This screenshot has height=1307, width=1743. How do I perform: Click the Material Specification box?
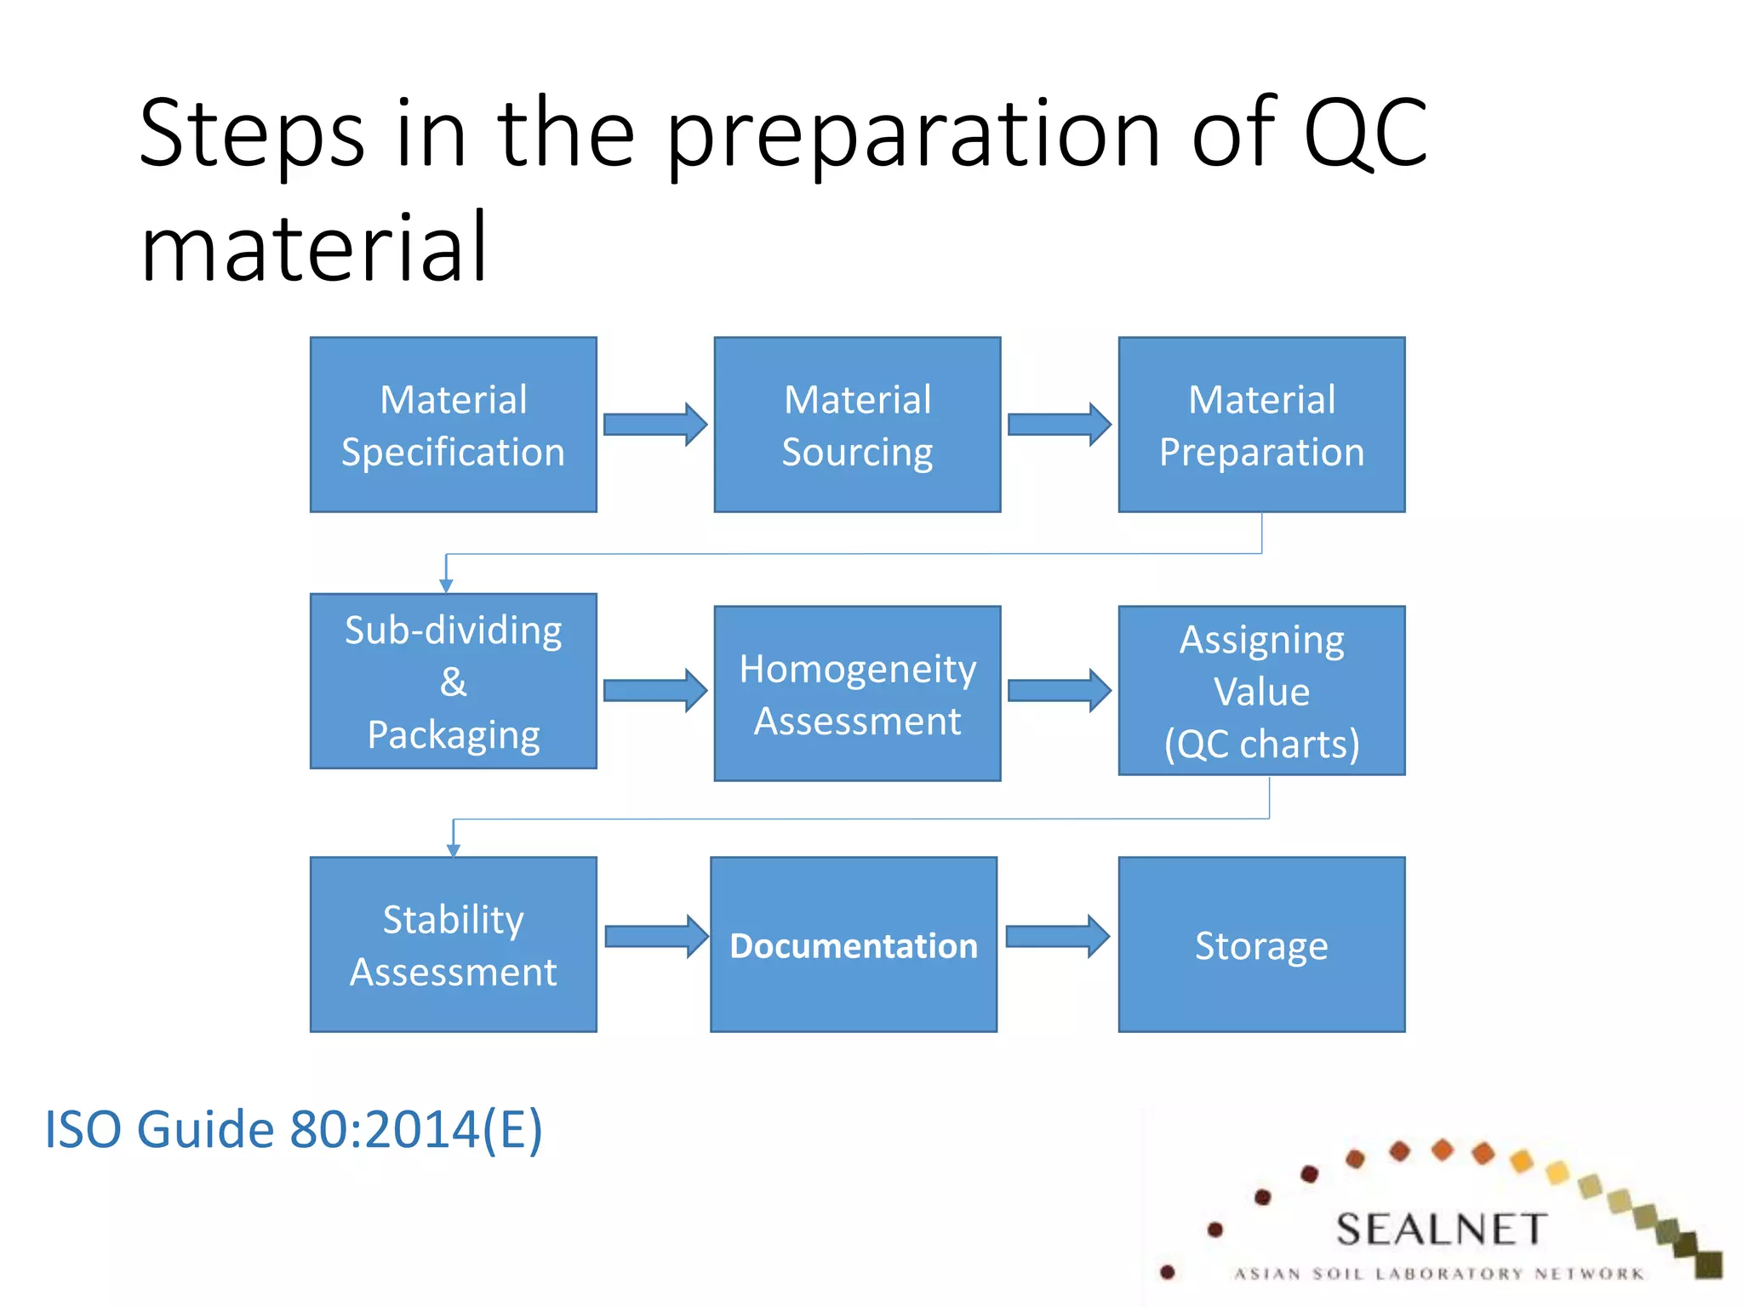[x=453, y=425]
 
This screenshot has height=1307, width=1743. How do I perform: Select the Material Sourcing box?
[x=857, y=425]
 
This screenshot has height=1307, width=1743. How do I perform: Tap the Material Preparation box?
[x=1261, y=425]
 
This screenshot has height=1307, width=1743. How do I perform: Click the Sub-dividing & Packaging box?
[x=453, y=681]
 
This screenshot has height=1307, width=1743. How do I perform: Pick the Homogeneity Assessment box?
[x=857, y=693]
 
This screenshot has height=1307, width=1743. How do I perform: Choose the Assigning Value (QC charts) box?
[x=1261, y=690]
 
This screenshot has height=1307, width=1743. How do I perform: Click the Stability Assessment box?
[x=453, y=944]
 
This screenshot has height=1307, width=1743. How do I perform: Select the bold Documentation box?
[x=854, y=944]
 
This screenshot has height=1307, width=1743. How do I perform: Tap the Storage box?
[x=1261, y=944]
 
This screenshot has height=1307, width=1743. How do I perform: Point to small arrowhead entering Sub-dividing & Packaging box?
[x=446, y=585]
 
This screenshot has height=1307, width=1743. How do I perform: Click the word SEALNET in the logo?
[x=1441, y=1230]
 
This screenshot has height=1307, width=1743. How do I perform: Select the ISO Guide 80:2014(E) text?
[x=293, y=1130]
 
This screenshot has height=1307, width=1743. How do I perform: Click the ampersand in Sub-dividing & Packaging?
[x=453, y=682]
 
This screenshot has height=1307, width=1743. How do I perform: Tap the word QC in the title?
[x=1364, y=134]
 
